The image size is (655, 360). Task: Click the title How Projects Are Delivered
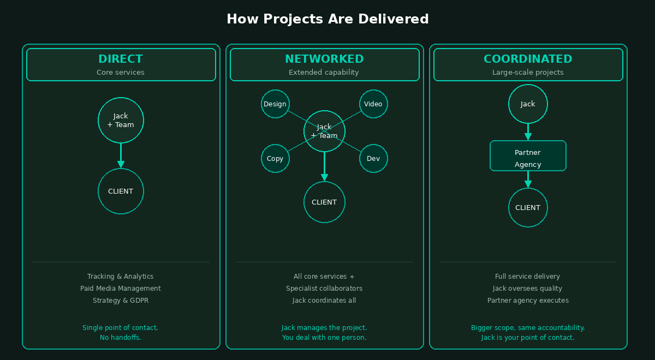pos(327,19)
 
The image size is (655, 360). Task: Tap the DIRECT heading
pos(121,59)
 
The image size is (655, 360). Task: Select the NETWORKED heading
pos(324,59)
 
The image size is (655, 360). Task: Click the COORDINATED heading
pos(528,59)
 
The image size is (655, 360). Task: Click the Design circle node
pos(275,104)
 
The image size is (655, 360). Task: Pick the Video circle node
pos(373,104)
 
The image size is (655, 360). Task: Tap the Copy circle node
pos(275,158)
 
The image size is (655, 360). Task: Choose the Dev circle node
pos(373,158)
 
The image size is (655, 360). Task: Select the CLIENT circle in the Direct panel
pos(121,191)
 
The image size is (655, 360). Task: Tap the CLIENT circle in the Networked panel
pos(324,202)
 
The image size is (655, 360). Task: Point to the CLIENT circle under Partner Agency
pos(528,207)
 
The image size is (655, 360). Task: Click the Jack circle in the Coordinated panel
pos(528,104)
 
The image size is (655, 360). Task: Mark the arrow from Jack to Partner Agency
pos(528,133)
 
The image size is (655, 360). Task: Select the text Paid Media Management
pos(121,289)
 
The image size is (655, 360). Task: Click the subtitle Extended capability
pos(324,72)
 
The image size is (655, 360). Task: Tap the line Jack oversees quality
pos(528,289)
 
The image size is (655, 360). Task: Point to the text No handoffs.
pos(121,338)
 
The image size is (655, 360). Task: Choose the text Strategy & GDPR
pos(121,301)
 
